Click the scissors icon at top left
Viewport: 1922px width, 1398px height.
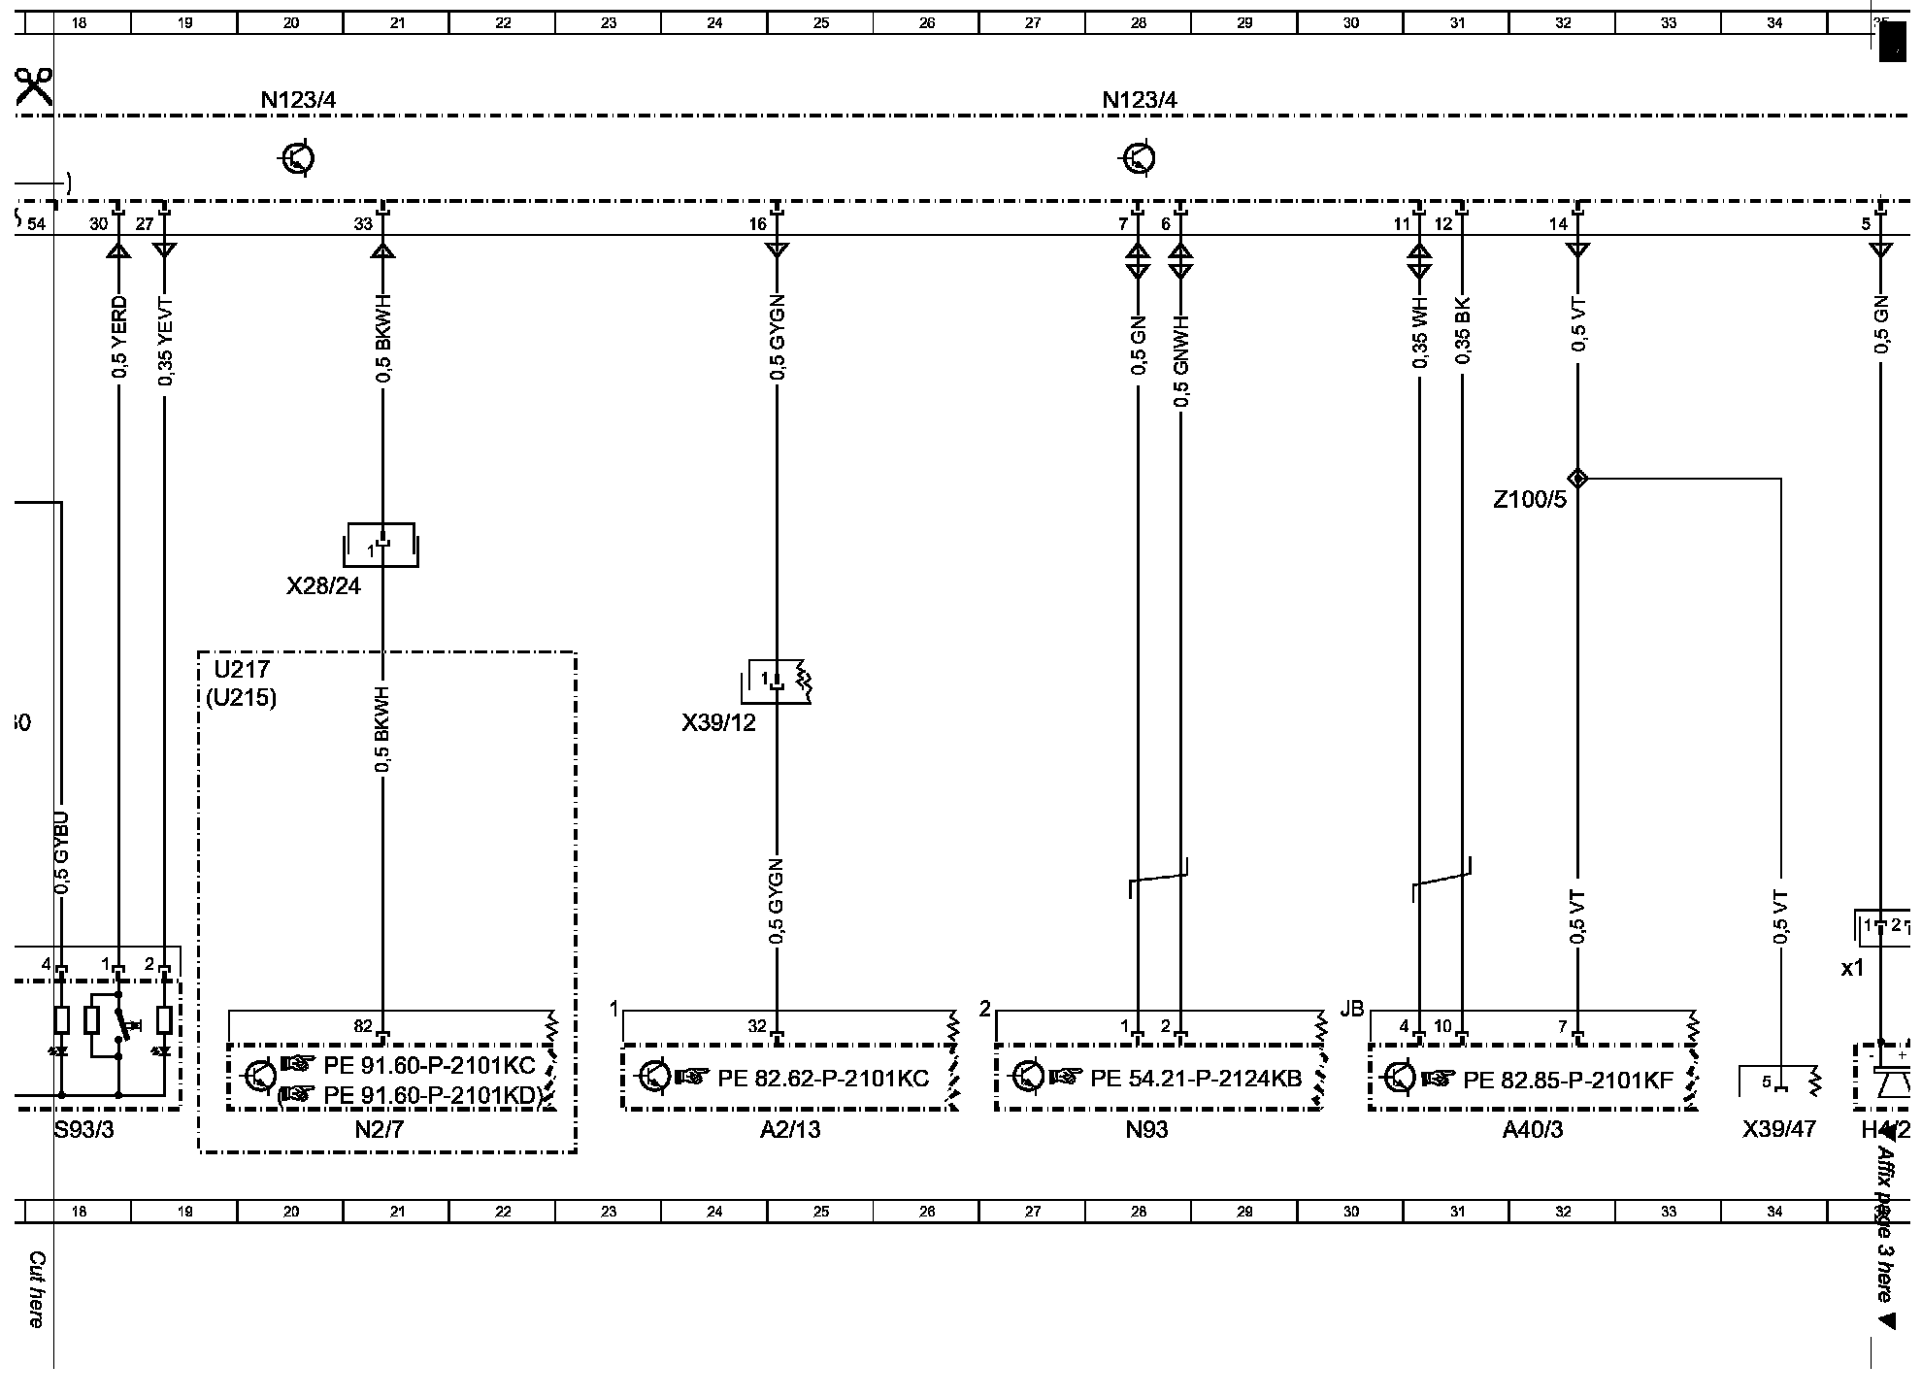point(34,87)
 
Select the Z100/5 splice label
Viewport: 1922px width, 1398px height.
point(1529,501)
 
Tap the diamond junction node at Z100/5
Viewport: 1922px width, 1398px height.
point(1578,478)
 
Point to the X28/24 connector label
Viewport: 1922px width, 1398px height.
point(323,586)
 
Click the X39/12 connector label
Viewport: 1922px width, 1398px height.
point(718,723)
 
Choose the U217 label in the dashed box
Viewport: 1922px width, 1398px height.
point(242,669)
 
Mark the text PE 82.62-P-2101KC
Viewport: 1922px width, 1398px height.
point(823,1079)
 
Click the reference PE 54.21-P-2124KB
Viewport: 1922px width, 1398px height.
point(1196,1079)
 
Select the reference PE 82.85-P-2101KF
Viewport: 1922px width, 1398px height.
point(1569,1079)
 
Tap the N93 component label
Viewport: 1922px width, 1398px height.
point(1146,1130)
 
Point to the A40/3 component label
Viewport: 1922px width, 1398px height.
point(1533,1130)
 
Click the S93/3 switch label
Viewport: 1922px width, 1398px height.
point(84,1130)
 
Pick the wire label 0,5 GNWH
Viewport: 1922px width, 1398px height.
point(1181,360)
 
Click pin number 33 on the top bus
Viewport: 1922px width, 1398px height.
point(363,224)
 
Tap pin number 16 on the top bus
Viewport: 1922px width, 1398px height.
point(757,224)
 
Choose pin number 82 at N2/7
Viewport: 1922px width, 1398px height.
point(363,1026)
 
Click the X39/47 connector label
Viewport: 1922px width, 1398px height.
point(1778,1130)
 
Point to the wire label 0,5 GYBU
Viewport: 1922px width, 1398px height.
point(62,852)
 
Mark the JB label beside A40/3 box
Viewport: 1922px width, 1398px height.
point(1351,1010)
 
